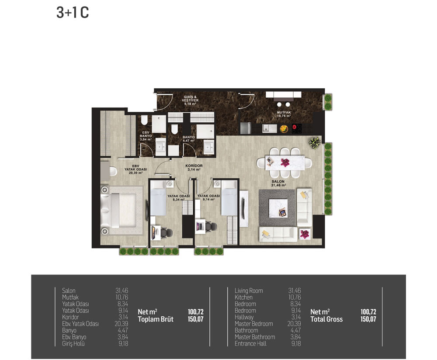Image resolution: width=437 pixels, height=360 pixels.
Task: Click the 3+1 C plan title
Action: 73,13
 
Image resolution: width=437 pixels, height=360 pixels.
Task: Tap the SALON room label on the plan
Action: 278,181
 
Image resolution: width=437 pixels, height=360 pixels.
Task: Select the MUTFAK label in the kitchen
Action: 284,113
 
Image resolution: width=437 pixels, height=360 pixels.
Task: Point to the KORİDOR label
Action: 194,166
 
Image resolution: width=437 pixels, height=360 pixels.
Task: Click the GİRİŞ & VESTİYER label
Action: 190,99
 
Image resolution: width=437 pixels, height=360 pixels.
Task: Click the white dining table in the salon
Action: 284,163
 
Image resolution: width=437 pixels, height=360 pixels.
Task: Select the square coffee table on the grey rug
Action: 278,208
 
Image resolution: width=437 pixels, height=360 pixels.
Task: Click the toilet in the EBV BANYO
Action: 144,120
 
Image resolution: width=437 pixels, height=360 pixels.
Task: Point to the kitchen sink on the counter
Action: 269,128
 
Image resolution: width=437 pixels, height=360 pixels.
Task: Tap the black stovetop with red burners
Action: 297,128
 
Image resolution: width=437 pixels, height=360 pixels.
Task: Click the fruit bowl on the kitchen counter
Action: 284,129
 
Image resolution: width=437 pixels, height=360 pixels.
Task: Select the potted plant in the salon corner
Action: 315,143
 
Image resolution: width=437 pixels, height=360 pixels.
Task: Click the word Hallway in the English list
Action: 244,317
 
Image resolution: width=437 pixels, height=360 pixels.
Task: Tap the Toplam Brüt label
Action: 156,319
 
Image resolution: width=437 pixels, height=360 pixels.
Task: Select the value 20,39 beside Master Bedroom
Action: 294,324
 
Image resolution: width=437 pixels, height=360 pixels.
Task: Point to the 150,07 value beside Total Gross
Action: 368,319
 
